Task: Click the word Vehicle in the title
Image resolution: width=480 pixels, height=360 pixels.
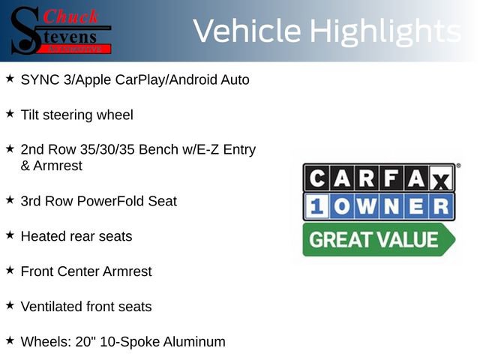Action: coord(247,31)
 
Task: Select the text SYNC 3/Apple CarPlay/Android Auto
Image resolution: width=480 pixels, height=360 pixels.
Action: coord(135,79)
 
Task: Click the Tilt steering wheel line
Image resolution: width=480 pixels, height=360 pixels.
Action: coord(76,115)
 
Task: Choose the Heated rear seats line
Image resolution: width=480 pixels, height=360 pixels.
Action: coord(76,236)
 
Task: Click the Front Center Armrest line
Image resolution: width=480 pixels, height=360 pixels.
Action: coord(85,271)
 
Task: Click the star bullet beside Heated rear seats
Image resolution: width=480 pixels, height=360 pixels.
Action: coord(10,235)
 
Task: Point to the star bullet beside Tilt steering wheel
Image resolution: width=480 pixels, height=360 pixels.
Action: coord(10,113)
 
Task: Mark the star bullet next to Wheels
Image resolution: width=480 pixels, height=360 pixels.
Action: coord(10,340)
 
